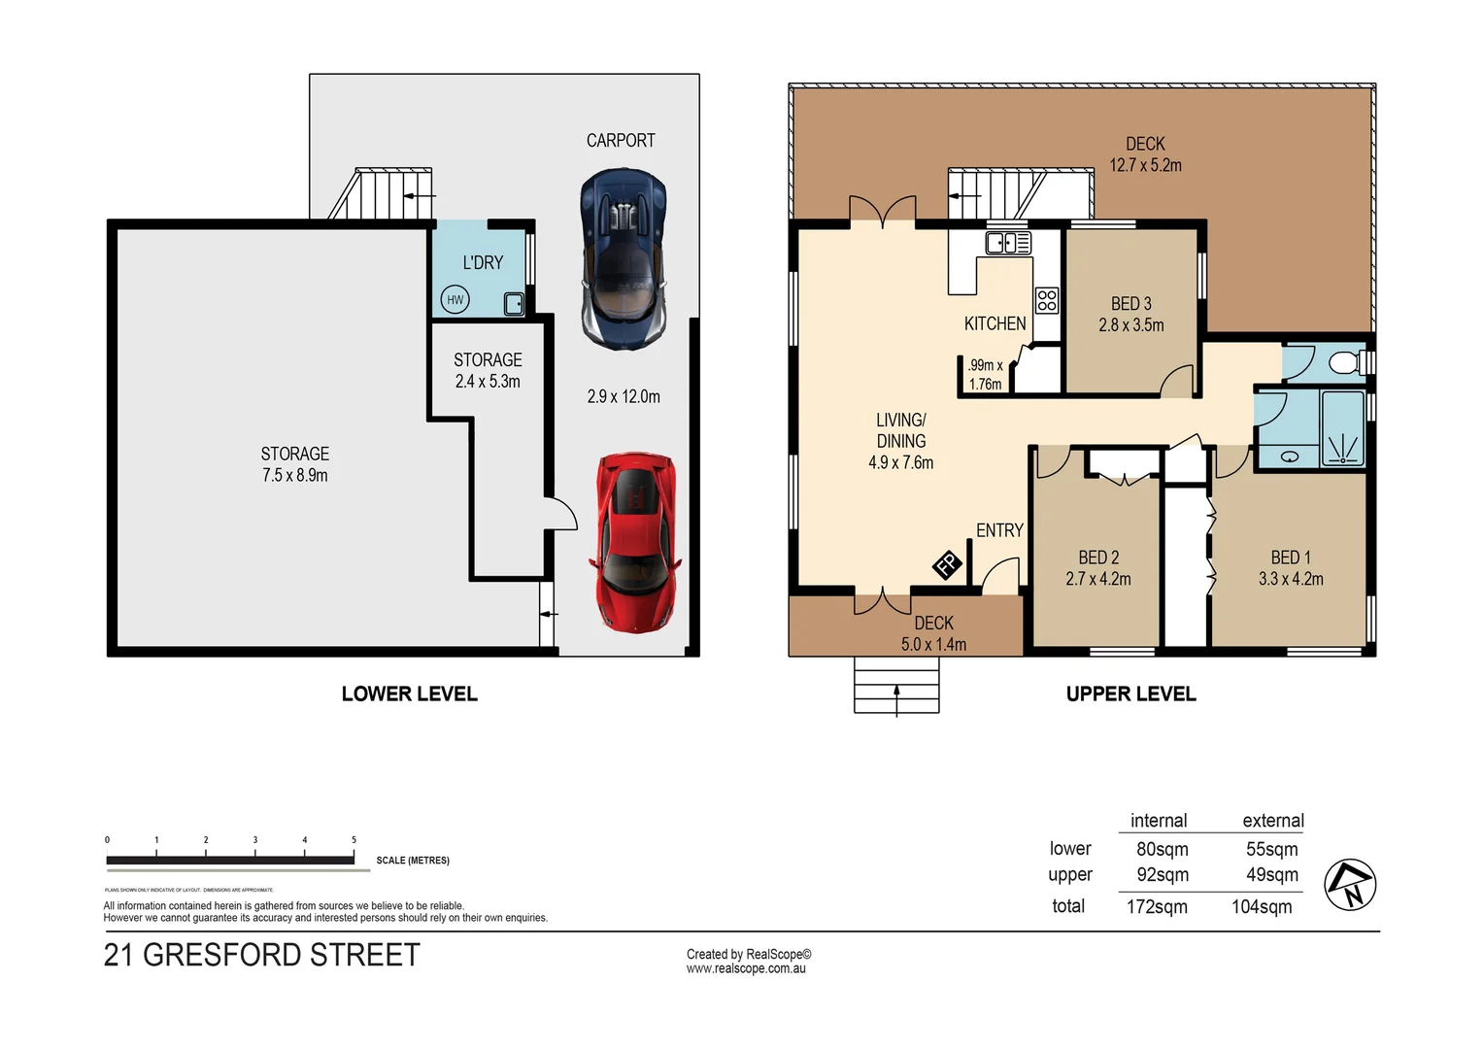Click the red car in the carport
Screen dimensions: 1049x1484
[x=636, y=542]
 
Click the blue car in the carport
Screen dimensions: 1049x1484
[x=624, y=259]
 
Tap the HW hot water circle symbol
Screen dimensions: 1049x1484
[x=455, y=300]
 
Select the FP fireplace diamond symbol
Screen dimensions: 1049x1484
[x=947, y=563]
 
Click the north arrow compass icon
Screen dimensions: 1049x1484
[x=1350, y=885]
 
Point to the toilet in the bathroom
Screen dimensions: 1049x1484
[x=1344, y=363]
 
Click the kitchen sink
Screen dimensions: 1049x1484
[x=1007, y=242]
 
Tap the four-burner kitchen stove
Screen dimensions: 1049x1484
[x=1046, y=300]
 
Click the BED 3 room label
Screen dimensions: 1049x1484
[x=1130, y=304]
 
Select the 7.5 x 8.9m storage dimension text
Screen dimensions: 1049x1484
[x=294, y=476]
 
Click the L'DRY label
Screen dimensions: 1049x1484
[x=483, y=262]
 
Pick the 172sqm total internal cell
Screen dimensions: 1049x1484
[x=1157, y=907]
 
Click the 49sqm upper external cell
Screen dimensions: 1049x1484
[x=1271, y=875]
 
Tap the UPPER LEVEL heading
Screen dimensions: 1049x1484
[x=1130, y=694]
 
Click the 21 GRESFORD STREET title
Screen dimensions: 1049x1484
[x=261, y=955]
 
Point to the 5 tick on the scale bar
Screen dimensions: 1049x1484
[x=354, y=840]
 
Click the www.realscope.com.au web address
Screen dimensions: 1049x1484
[x=746, y=968]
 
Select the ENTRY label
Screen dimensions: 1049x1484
[x=999, y=530]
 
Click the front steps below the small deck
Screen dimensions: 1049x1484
[x=895, y=685]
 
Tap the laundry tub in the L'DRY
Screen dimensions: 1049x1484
[x=514, y=304]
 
